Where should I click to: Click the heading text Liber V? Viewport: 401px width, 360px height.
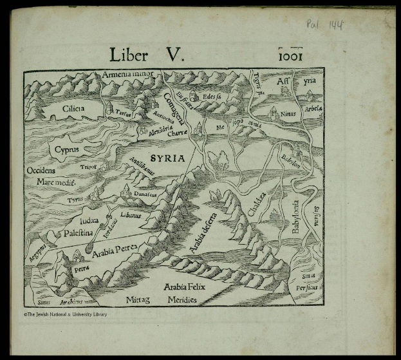tap(147, 55)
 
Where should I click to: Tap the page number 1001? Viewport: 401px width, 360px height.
tap(290, 56)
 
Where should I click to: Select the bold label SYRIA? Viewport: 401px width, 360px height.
tap(167, 158)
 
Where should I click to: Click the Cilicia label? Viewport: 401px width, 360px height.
tap(73, 109)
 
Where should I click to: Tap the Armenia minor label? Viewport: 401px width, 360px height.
tap(128, 74)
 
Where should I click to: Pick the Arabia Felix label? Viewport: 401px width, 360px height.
tap(184, 286)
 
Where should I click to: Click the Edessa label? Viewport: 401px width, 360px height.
tap(211, 97)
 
